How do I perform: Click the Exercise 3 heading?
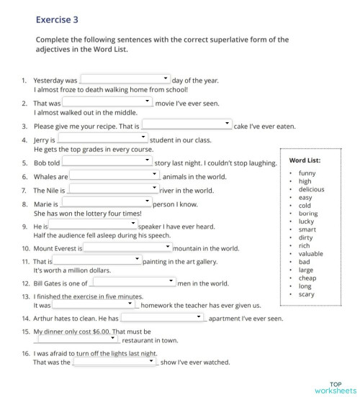pos(57,20)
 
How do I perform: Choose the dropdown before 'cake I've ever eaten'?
pos(186,125)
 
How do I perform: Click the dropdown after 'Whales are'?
pos(114,175)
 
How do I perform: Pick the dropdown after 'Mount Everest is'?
pos(127,247)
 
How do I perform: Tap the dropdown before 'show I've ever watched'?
pos(115,362)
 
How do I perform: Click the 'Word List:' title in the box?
pos(305,160)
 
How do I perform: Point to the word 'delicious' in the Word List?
pos(311,189)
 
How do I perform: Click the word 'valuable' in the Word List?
pos(310,254)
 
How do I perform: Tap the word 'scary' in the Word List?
pos(306,294)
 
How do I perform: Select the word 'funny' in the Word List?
pos(307,173)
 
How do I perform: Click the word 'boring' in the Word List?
pos(307,214)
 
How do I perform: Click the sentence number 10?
pos(25,248)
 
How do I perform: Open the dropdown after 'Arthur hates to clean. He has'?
pos(163,318)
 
